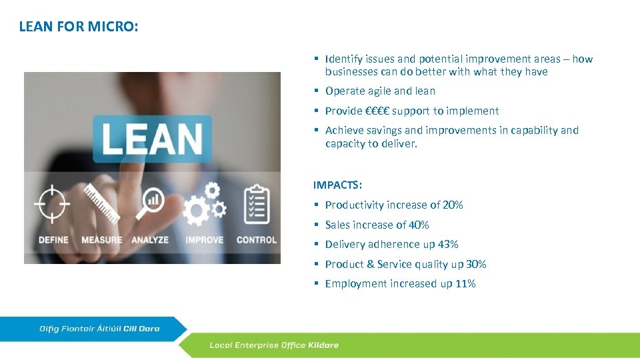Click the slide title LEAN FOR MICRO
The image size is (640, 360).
(x=79, y=27)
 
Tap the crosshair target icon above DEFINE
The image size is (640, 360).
(x=53, y=204)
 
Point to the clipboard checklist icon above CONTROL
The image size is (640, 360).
(x=256, y=204)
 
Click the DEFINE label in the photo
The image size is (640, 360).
(x=53, y=240)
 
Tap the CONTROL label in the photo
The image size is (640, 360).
(x=257, y=240)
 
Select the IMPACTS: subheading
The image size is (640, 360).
(x=338, y=185)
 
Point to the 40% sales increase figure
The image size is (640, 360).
(x=419, y=225)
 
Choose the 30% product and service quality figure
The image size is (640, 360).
(x=476, y=264)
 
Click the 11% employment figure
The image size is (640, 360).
(x=465, y=284)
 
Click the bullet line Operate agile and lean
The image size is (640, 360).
(x=380, y=91)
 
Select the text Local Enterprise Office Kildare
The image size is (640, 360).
(x=274, y=345)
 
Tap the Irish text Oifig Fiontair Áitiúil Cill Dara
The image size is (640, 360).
(x=99, y=329)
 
